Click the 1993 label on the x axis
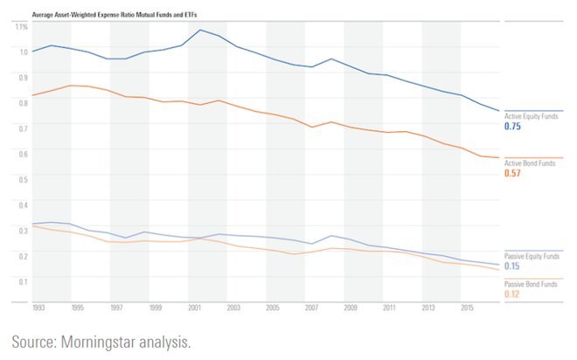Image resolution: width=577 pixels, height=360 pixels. (x=38, y=308)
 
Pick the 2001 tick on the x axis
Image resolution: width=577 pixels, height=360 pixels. (x=194, y=308)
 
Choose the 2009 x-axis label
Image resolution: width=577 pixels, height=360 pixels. (x=350, y=308)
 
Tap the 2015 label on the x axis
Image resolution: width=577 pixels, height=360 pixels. (x=467, y=308)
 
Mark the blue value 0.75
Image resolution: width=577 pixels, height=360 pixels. (x=513, y=128)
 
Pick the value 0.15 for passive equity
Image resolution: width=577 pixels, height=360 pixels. (x=513, y=266)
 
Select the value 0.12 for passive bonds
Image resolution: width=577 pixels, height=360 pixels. (x=513, y=294)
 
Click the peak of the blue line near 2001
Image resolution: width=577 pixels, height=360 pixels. (x=200, y=31)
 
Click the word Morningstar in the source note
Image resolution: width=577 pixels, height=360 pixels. (x=111, y=341)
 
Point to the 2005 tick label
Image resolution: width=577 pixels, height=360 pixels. (x=272, y=308)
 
